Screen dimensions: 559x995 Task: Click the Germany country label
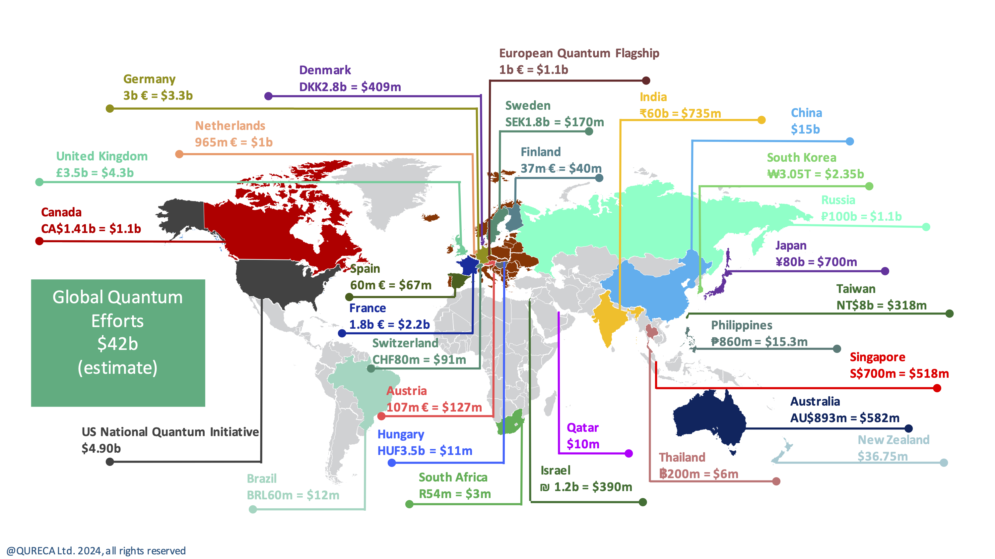click(149, 79)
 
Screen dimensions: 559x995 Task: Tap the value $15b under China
click(805, 129)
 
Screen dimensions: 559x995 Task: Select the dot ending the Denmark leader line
click(268, 96)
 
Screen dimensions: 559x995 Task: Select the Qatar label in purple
click(582, 427)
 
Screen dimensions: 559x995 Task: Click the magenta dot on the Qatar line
click(629, 453)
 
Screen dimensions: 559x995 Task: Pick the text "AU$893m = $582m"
click(844, 418)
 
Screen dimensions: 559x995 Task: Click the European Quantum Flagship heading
click(579, 53)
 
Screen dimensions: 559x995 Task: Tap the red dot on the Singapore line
click(937, 388)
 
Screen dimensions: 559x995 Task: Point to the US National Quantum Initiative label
click(170, 432)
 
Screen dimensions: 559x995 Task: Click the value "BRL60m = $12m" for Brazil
click(293, 495)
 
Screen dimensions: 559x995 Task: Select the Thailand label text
click(682, 457)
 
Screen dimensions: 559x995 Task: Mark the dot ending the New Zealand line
click(944, 463)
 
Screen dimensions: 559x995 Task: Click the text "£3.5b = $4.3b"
click(95, 173)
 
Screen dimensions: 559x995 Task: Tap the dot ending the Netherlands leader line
click(179, 154)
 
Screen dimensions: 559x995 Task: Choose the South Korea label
click(802, 157)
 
